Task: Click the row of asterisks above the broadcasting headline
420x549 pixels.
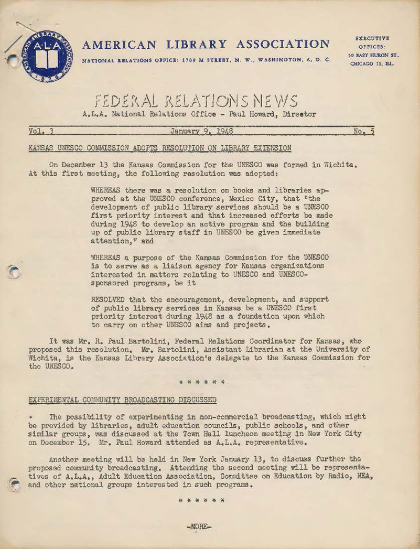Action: pos(202,382)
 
